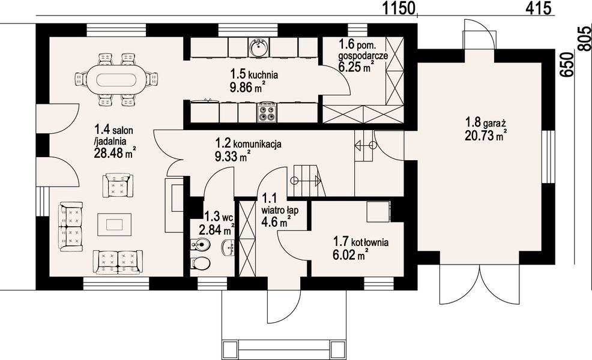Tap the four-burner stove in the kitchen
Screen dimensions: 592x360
coord(267,112)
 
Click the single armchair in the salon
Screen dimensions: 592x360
coord(118,185)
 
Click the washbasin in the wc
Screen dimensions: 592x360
coord(228,248)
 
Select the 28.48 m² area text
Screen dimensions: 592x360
coord(115,152)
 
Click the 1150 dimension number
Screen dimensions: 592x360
coord(399,8)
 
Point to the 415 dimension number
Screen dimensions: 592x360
coord(539,8)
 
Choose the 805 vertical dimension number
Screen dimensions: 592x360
coord(584,38)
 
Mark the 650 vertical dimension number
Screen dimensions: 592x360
coord(566,65)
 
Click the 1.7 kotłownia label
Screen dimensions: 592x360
coord(361,242)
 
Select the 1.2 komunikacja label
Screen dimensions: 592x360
coord(249,144)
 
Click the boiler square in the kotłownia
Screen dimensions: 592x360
coord(379,211)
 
